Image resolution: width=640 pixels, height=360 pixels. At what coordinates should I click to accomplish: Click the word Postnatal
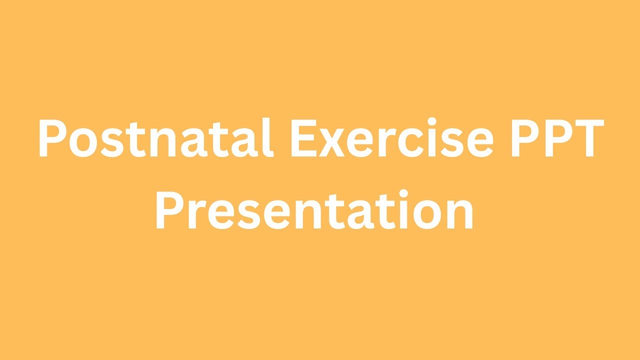click(155, 138)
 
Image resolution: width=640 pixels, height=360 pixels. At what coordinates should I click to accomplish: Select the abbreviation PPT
click(554, 138)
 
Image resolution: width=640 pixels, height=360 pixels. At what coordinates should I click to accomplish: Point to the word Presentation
click(314, 210)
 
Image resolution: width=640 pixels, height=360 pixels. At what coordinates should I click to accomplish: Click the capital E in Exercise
click(305, 138)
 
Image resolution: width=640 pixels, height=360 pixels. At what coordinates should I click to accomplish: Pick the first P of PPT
click(520, 138)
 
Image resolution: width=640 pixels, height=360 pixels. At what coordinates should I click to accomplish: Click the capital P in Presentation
click(170, 210)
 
